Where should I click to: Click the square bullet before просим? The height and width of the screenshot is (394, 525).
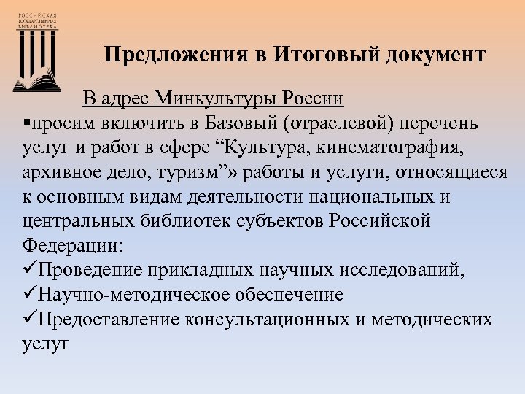(17, 123)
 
